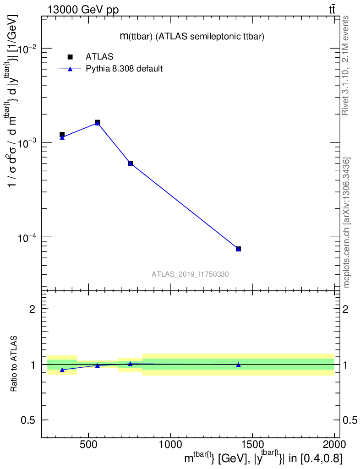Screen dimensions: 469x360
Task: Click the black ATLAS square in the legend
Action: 70,57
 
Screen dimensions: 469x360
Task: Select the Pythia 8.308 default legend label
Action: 125,69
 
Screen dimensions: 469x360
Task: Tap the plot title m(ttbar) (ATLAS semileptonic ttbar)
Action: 192,37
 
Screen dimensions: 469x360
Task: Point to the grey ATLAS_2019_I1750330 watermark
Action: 190,274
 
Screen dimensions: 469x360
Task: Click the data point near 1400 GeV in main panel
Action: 238,249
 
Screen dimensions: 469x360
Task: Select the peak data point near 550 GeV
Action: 98,122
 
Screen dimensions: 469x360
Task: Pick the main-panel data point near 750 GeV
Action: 131,164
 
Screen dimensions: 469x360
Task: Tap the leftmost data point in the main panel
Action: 62,135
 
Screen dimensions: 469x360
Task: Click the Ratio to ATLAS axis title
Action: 14,364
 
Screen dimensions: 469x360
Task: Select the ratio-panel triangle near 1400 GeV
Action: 238,365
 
